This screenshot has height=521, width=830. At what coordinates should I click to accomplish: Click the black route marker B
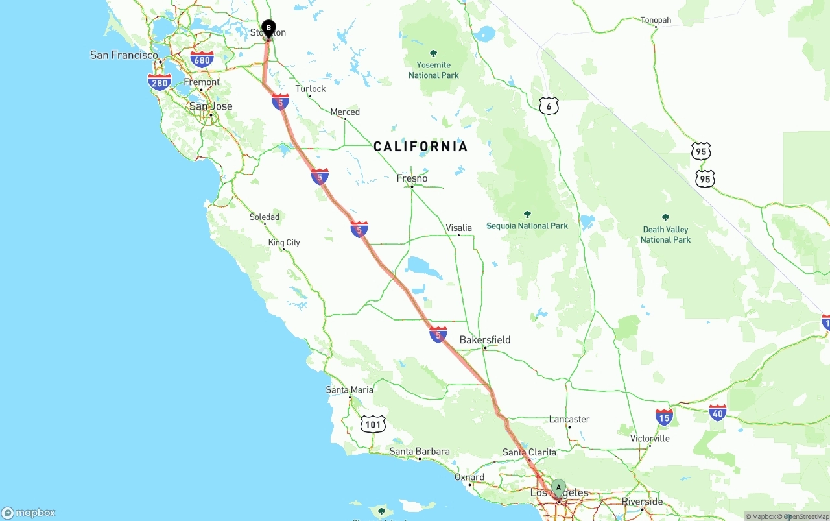(x=268, y=29)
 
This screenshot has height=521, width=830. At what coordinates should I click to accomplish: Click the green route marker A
(x=559, y=488)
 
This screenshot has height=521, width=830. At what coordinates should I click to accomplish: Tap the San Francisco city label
(x=124, y=55)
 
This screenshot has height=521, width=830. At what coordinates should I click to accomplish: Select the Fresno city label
(x=412, y=178)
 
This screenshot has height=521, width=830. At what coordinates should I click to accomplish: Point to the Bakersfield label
(x=484, y=339)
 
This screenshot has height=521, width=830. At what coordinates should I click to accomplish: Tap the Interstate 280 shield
(x=160, y=81)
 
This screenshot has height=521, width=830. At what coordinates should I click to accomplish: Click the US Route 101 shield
(x=373, y=424)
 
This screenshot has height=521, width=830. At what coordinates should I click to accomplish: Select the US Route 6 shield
(x=549, y=106)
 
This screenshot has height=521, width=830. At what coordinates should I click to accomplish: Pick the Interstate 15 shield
(x=664, y=417)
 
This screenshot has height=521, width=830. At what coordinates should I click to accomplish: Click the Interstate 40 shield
(x=717, y=412)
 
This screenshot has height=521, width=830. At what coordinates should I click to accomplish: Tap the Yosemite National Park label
(x=434, y=70)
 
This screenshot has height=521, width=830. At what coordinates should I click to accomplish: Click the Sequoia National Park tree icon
(x=527, y=214)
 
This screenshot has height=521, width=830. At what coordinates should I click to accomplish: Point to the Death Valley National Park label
(x=665, y=234)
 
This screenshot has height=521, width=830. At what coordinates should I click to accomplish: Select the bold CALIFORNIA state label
(x=420, y=147)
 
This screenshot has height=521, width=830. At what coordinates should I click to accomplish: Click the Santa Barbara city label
(x=420, y=451)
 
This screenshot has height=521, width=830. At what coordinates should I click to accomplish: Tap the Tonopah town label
(x=656, y=20)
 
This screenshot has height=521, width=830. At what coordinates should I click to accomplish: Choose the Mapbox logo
(x=29, y=513)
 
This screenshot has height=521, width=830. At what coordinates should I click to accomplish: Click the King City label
(x=284, y=243)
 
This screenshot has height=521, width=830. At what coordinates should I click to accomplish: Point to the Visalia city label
(x=458, y=228)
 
